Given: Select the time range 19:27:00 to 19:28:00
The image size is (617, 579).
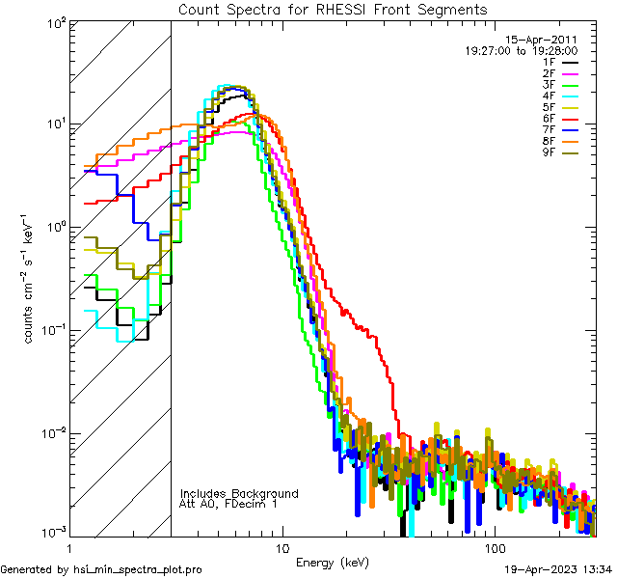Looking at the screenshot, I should point(522,50).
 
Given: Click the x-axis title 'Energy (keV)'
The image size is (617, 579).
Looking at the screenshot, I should point(333,562).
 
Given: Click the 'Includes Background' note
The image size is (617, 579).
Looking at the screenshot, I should point(239,493).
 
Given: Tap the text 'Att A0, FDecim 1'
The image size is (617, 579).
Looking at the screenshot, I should point(228,504).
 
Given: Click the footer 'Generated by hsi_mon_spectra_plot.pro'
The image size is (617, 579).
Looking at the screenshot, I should point(101,569).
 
